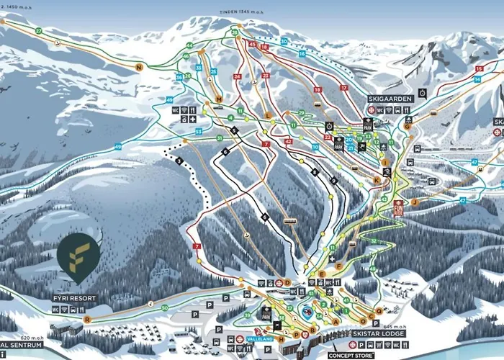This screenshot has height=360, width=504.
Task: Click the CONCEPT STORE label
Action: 352,355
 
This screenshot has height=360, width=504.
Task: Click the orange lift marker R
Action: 87,318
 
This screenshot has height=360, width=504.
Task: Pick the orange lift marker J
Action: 415,202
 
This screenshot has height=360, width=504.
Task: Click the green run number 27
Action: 38,31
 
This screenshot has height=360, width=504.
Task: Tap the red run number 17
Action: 344,88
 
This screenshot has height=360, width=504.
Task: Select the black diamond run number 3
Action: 179,161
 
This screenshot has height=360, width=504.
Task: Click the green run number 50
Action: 164,308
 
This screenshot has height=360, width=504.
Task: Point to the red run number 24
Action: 237,76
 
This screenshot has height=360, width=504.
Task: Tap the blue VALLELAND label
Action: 259,339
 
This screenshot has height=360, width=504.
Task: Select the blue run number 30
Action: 284,42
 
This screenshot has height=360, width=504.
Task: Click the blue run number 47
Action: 474,163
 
